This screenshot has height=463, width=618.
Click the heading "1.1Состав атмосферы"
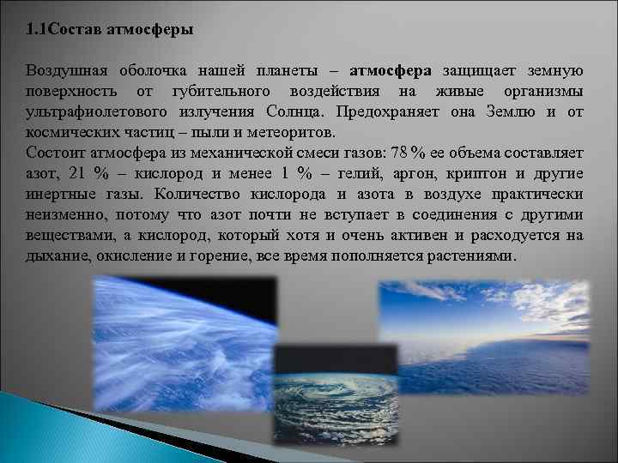point(109,29)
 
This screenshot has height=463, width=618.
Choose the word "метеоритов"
point(294,133)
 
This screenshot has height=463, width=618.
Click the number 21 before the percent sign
point(76,174)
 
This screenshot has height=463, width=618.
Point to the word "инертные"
point(61,195)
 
